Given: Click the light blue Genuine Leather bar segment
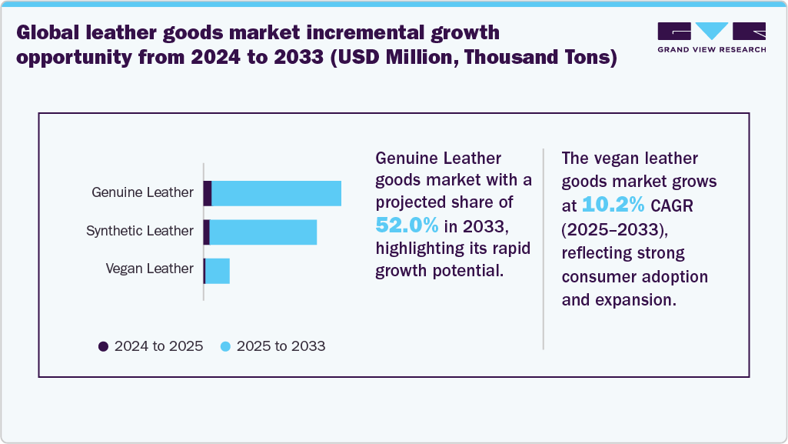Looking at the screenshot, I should pyautogui.click(x=276, y=193).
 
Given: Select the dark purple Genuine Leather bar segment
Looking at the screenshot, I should pyautogui.click(x=208, y=193).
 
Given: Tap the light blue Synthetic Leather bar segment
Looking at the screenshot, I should pyautogui.click(x=263, y=232).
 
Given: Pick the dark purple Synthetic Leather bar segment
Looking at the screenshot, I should pyautogui.click(x=206, y=232).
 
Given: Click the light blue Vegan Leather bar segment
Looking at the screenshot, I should pyautogui.click(x=218, y=271).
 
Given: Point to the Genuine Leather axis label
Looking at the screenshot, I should pyautogui.click(x=142, y=192).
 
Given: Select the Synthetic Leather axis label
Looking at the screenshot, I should pyautogui.click(x=140, y=231).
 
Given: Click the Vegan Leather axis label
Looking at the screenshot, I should pyautogui.click(x=149, y=269).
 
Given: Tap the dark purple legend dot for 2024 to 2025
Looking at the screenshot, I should pyautogui.click(x=103, y=346).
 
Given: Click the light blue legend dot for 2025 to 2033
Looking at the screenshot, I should pyautogui.click(x=225, y=346).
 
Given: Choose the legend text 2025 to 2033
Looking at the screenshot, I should pyautogui.click(x=281, y=346).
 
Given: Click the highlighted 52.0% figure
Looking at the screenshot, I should pyautogui.click(x=407, y=225).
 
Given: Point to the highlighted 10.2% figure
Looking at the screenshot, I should pyautogui.click(x=613, y=204).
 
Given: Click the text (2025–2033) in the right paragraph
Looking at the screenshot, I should pyautogui.click(x=612, y=229).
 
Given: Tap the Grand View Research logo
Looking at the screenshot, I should pyautogui.click(x=711, y=37).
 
